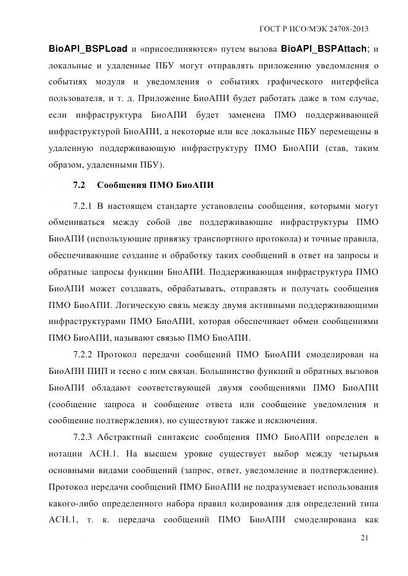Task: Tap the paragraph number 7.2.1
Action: pos(82,205)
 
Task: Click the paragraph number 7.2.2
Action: pos(82,354)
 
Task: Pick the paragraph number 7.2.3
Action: pos(82,437)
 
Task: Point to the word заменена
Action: pos(246,115)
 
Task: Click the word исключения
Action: pos(291,421)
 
